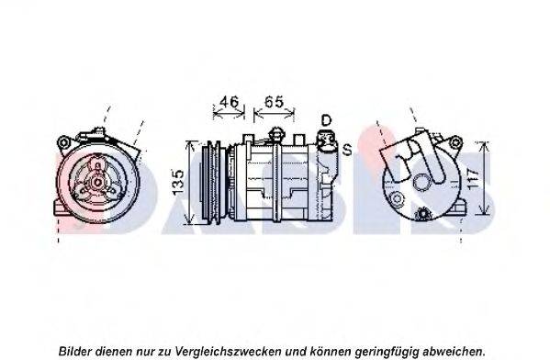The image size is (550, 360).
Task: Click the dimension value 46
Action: [229, 102]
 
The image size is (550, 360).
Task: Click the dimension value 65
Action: [274, 102]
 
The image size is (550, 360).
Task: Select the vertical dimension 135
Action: [178, 183]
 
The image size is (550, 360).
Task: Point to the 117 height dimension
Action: [473, 180]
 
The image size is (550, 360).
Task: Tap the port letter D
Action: [326, 120]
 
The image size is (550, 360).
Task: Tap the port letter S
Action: [346, 150]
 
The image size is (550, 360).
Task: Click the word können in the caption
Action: [331, 351]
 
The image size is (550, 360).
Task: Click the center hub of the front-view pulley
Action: [97, 182]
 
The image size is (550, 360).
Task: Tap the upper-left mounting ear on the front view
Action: [63, 143]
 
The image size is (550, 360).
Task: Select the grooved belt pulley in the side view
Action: [211, 183]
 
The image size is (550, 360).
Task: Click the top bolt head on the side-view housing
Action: [275, 134]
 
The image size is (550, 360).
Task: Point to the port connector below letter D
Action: [326, 141]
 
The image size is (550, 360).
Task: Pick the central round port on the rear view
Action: [421, 182]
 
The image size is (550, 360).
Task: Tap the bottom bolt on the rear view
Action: [422, 214]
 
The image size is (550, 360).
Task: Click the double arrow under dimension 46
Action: [229, 113]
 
